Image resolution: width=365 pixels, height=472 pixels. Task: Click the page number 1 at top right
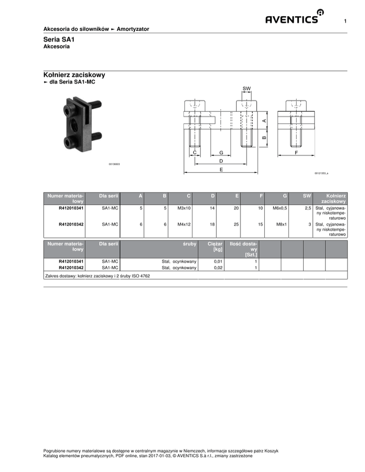[x=345, y=21]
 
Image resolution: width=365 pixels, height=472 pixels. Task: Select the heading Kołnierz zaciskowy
[x=74, y=75]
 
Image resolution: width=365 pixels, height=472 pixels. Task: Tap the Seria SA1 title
[x=59, y=39]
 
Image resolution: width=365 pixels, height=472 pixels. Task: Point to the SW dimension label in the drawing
[x=247, y=88]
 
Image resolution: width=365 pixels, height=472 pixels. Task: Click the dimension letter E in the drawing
[x=221, y=170]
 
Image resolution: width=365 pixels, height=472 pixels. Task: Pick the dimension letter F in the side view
[x=296, y=152]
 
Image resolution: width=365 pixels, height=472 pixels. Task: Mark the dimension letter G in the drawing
[x=221, y=152]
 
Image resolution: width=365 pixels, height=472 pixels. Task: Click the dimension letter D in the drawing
[x=221, y=161]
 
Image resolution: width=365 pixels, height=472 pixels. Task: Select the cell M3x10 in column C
[x=184, y=208]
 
